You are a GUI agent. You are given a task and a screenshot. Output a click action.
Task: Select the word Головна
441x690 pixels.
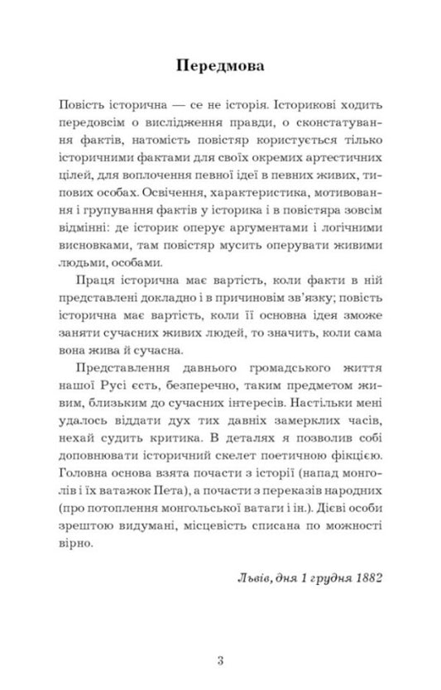click(x=87, y=484)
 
